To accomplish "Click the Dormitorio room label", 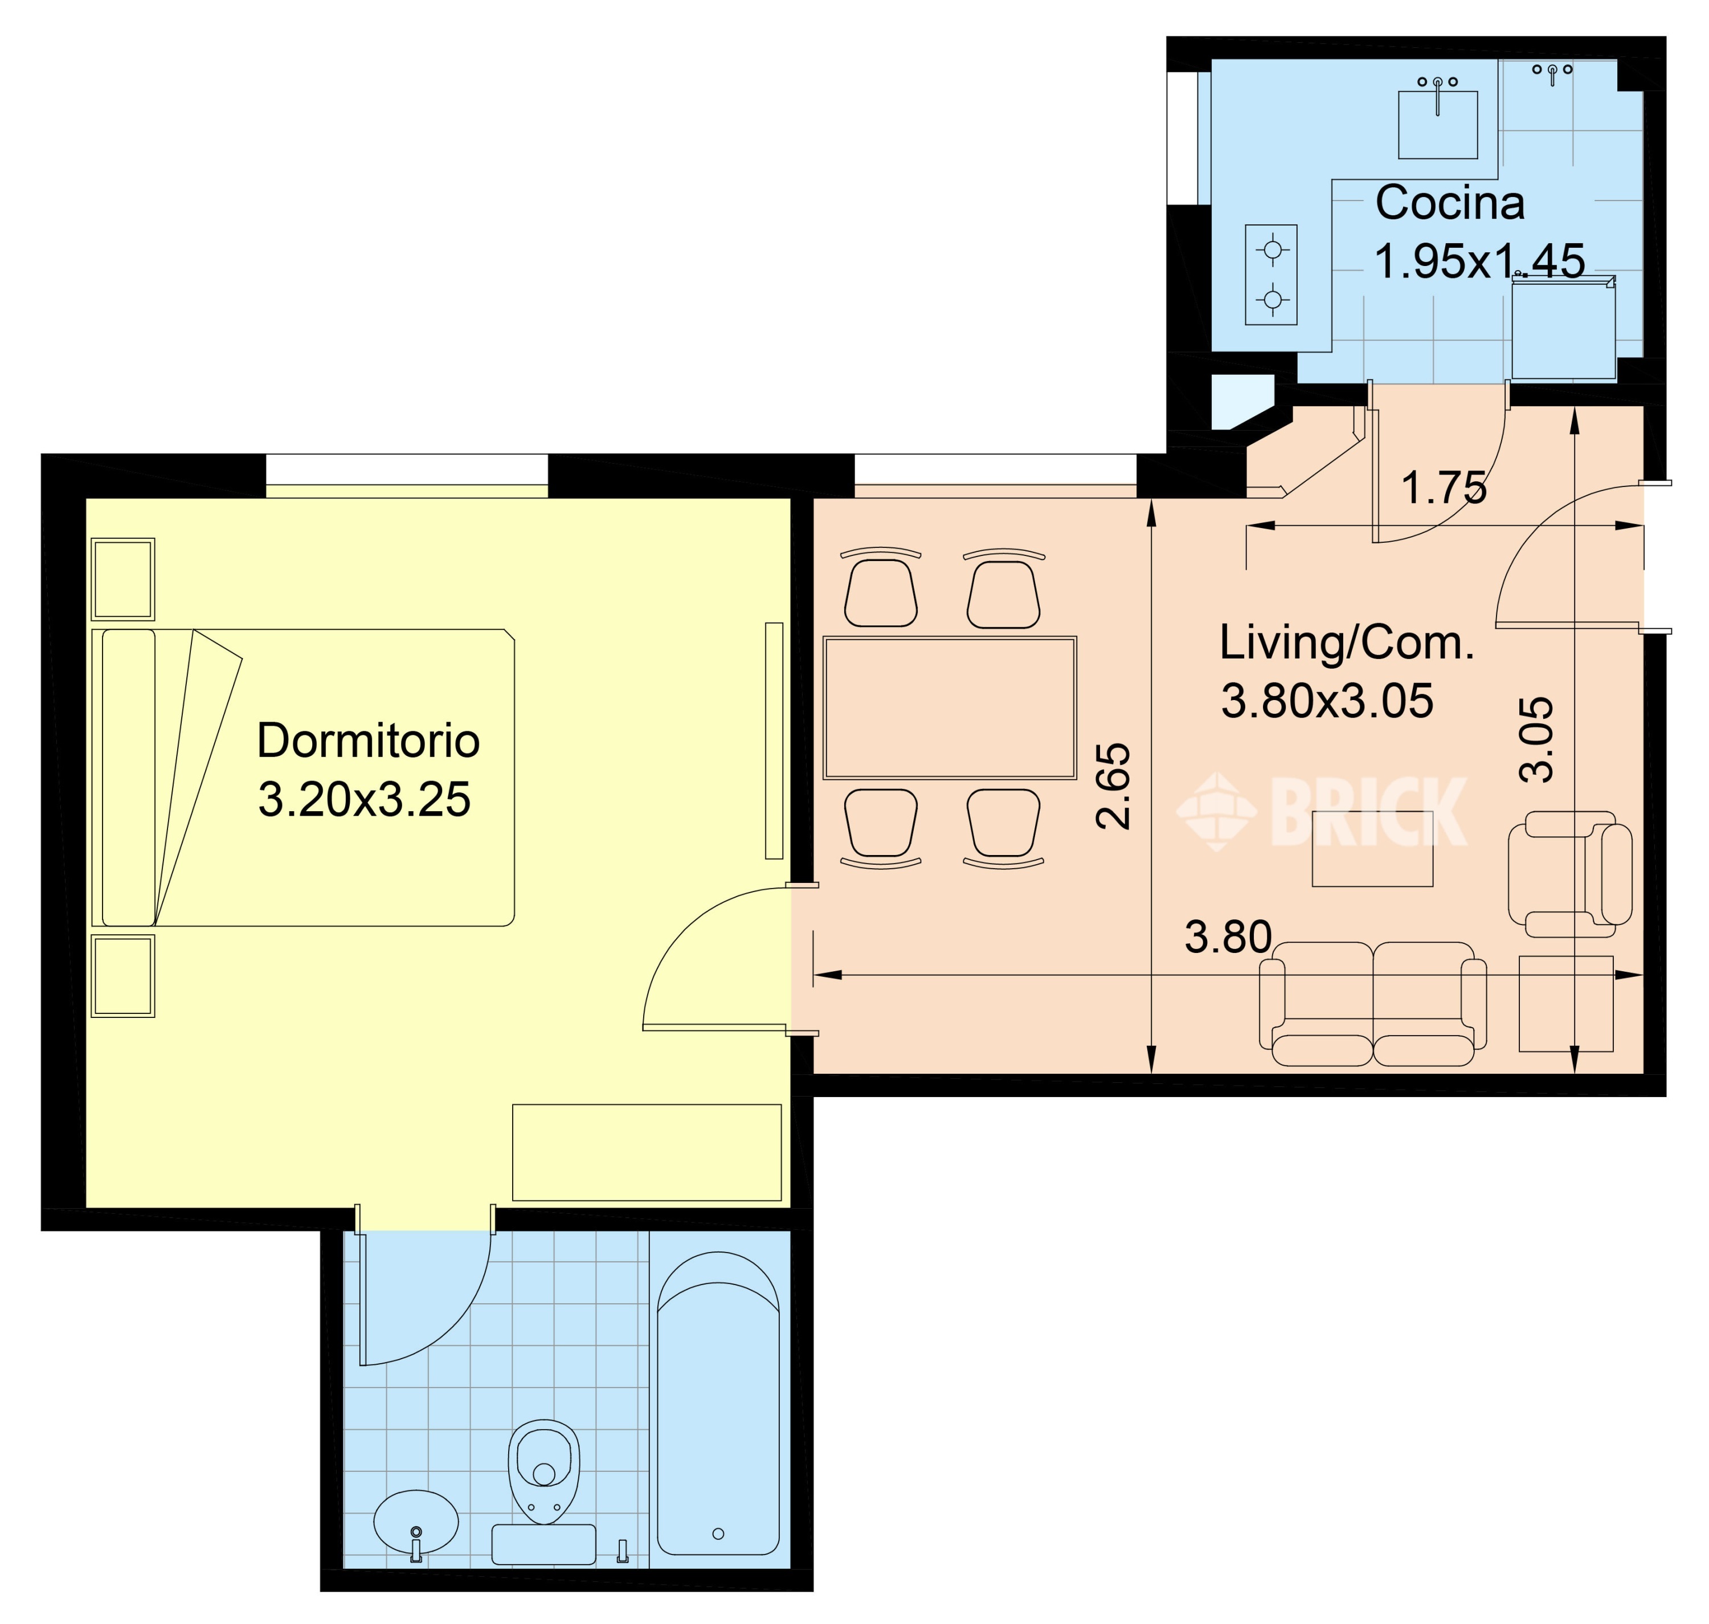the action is click(368, 741).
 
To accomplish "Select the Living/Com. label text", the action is click(1346, 643).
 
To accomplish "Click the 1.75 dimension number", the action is click(1443, 488).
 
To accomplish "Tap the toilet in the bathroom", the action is click(543, 1472).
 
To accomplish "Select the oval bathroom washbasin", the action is click(415, 1522).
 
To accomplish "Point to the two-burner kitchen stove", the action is click(1271, 275).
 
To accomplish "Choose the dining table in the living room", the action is click(950, 708).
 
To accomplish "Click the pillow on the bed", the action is click(129, 778).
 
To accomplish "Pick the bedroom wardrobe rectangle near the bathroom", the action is click(647, 1152).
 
